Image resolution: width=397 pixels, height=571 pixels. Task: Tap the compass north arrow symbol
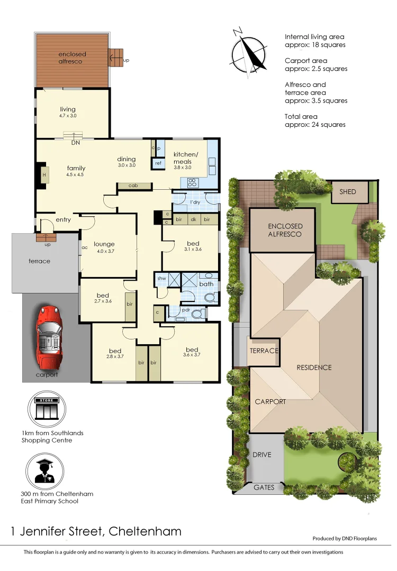(249, 50)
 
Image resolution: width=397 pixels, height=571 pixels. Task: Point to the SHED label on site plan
(348, 192)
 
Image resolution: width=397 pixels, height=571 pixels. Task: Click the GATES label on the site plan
(264, 487)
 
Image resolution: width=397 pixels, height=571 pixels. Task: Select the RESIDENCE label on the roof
(314, 367)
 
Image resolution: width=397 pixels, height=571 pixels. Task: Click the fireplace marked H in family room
(44, 176)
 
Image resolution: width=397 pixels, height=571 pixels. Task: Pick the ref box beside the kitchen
(158, 164)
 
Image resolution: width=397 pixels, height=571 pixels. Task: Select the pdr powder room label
(185, 310)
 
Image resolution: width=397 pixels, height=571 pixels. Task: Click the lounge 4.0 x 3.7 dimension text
(104, 251)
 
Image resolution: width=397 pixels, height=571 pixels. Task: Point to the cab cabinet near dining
(133, 186)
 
